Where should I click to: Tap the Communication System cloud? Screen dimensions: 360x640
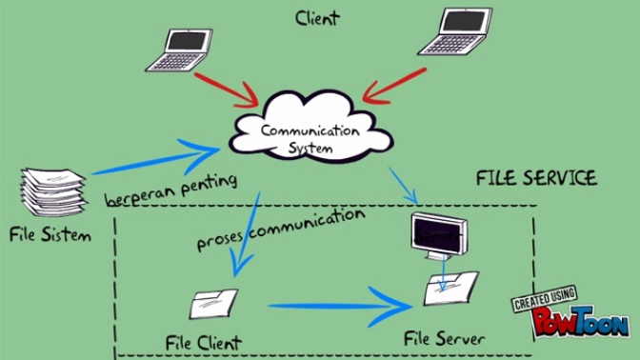click(x=310, y=133)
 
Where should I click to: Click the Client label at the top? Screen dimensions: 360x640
click(x=318, y=17)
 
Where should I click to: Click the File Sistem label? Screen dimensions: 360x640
click(x=50, y=233)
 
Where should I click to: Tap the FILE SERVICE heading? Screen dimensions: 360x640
click(x=536, y=178)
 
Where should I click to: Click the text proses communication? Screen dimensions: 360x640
click(x=280, y=230)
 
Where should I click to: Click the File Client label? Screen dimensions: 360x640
click(x=202, y=341)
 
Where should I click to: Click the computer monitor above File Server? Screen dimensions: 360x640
click(x=439, y=234)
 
